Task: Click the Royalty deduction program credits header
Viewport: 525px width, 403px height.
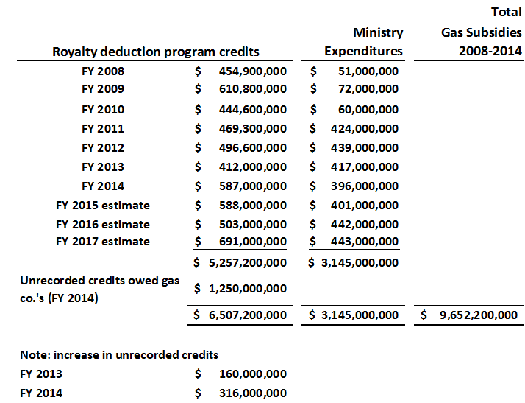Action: point(156,52)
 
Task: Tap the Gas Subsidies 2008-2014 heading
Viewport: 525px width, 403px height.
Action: point(482,42)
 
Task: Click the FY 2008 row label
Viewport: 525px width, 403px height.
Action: point(103,71)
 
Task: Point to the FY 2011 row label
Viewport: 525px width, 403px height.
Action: point(103,128)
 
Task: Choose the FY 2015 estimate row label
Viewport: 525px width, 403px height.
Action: point(103,205)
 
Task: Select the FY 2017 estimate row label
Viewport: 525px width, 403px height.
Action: point(103,242)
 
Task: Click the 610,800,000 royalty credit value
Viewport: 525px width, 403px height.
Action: point(253,89)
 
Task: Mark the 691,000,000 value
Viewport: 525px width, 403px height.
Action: point(253,242)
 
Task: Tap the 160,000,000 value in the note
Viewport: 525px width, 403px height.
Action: point(253,374)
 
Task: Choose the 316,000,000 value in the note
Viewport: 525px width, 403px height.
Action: point(253,393)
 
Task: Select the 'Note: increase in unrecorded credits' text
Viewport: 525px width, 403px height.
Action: point(119,355)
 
